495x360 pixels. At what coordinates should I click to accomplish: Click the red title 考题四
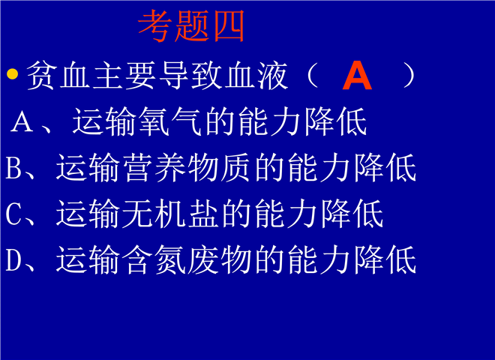click(x=191, y=26)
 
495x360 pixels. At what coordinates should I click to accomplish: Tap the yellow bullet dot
click(x=12, y=74)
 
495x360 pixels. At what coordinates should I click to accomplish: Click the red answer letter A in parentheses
click(x=357, y=76)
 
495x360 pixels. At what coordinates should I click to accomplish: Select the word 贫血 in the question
click(x=58, y=76)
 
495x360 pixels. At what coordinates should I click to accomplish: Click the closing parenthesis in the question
click(x=409, y=76)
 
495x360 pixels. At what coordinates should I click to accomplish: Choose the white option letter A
click(x=22, y=121)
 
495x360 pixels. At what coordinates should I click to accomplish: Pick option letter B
click(x=13, y=168)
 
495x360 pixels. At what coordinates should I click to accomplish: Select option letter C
click(x=13, y=214)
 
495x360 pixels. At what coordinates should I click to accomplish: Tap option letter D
click(x=14, y=260)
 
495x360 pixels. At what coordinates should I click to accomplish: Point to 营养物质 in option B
click(x=188, y=168)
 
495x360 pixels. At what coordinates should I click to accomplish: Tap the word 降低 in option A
click(x=335, y=121)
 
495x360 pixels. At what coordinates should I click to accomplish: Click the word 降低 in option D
click(x=385, y=260)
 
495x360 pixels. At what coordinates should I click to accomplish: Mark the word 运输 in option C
click(x=88, y=214)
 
